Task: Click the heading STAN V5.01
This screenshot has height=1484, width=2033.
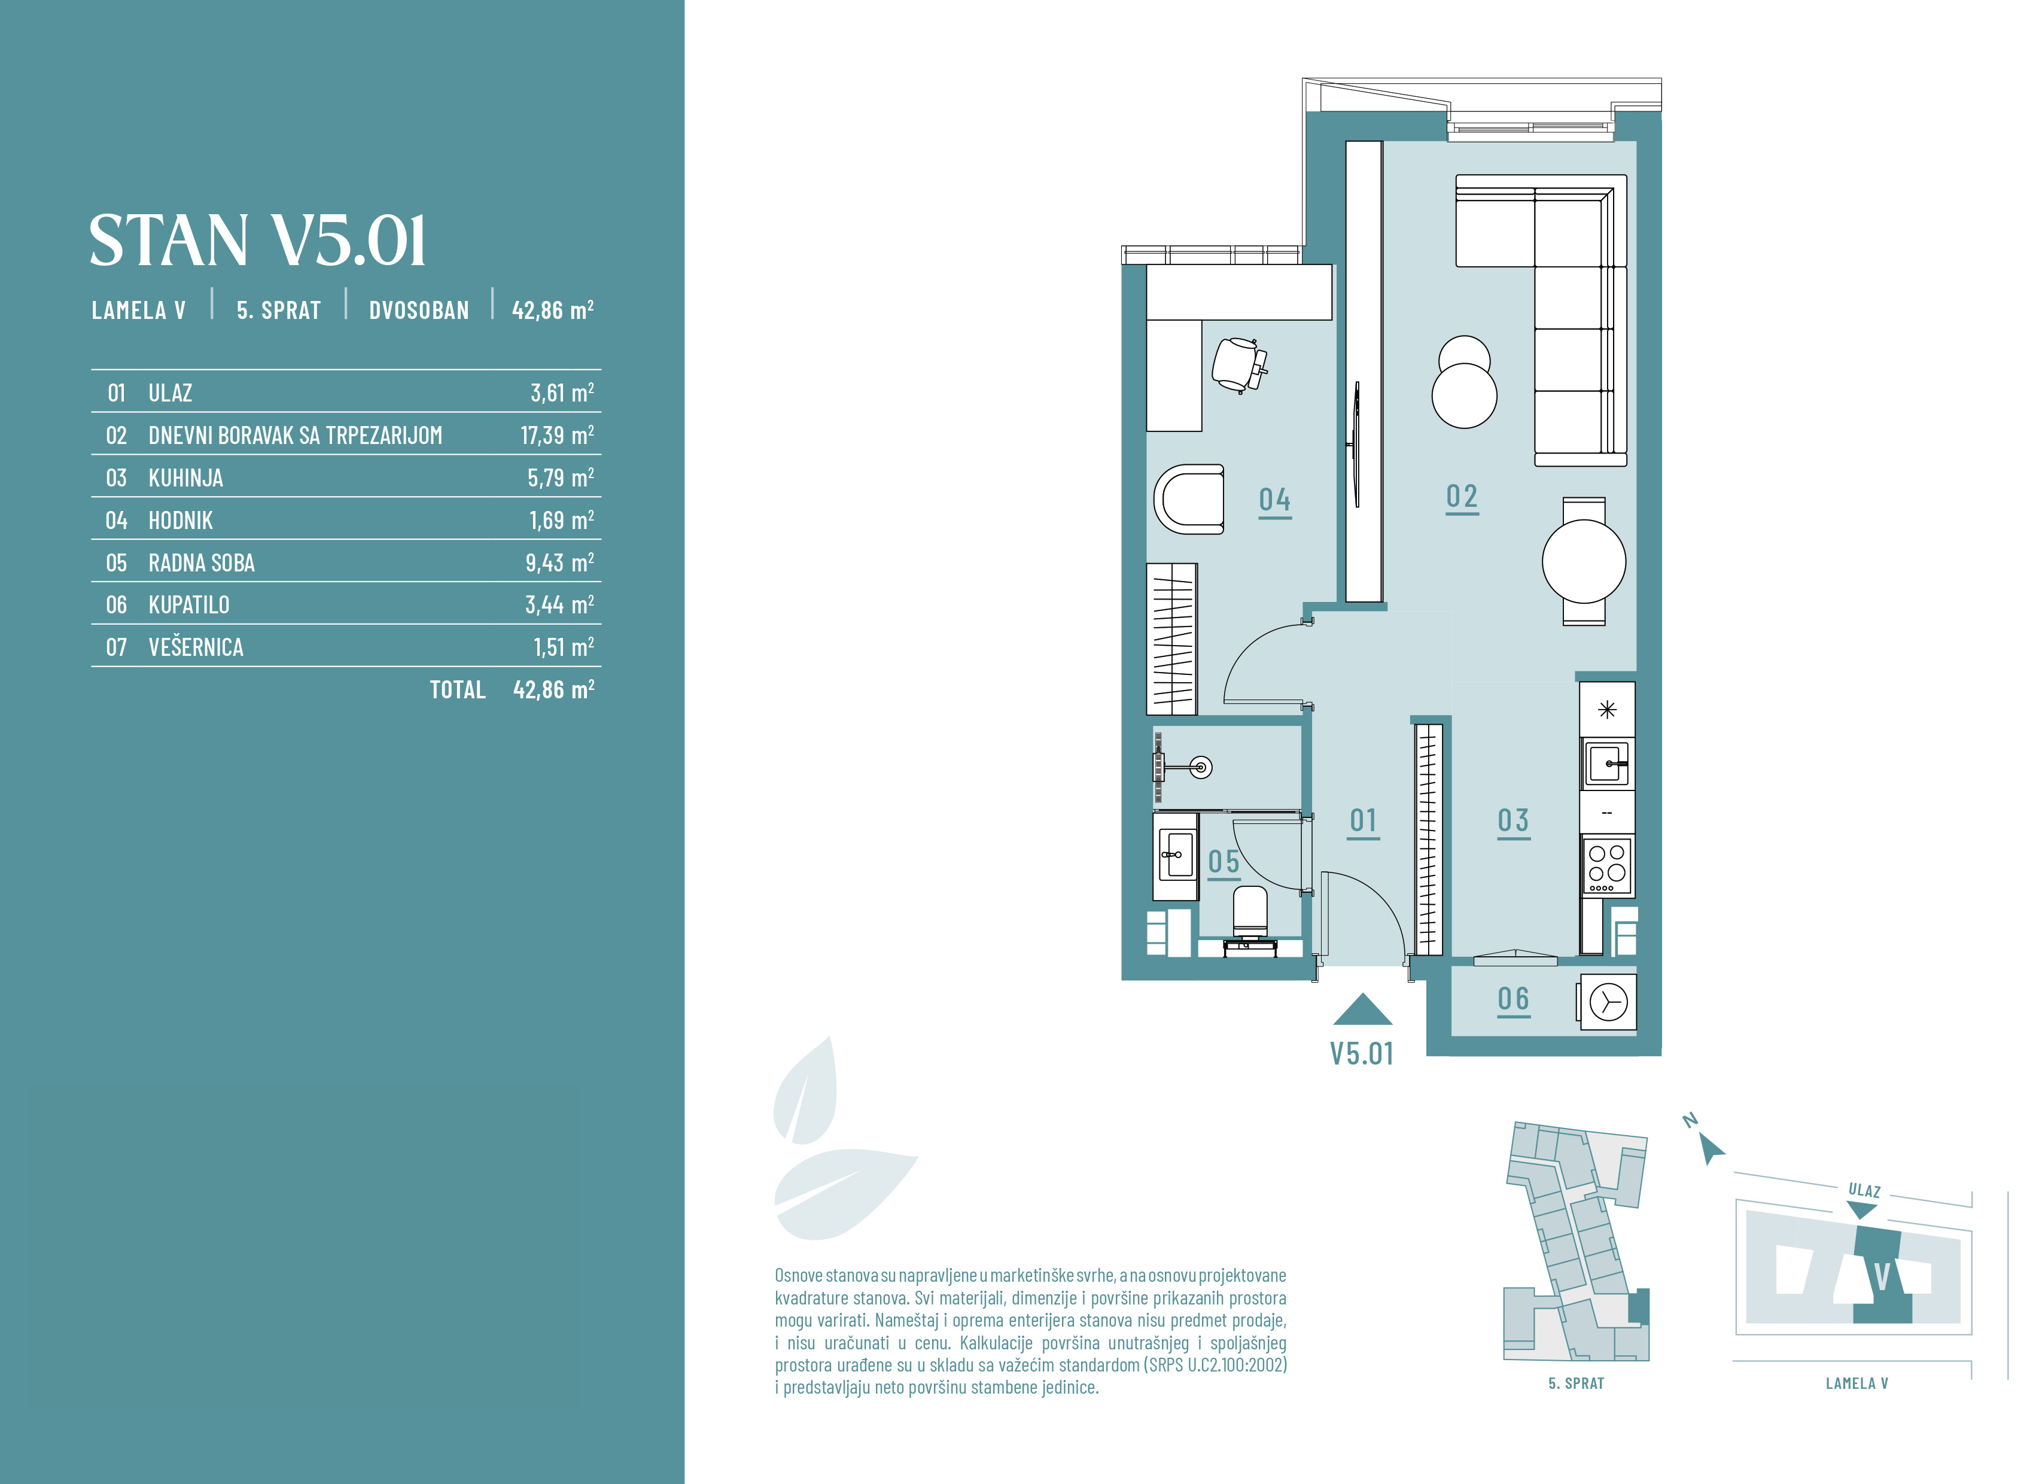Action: click(x=258, y=241)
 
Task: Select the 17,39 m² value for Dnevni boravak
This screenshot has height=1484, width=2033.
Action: click(x=557, y=436)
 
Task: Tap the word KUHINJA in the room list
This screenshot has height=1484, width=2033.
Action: click(x=186, y=478)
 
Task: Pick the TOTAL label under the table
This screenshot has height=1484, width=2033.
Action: click(x=457, y=690)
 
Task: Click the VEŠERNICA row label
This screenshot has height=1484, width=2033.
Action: click(x=196, y=647)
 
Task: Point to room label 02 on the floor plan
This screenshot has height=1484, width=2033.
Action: click(x=1462, y=497)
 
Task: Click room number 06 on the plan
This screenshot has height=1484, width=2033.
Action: click(x=1513, y=999)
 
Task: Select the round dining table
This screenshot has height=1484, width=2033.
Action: click(x=1584, y=561)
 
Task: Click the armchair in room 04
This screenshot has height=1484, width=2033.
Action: click(x=1189, y=500)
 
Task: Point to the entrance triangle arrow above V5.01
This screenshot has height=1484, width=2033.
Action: click(x=1362, y=1011)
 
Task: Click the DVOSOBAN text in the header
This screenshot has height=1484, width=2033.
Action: click(x=418, y=311)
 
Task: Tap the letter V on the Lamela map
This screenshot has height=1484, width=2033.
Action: click(x=1882, y=1276)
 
